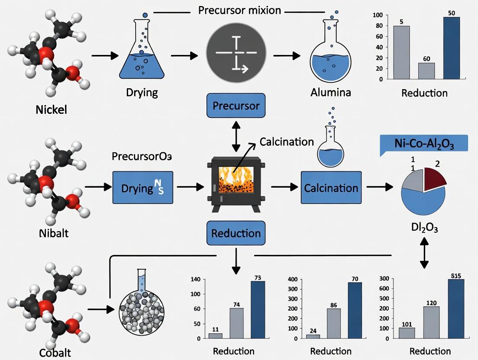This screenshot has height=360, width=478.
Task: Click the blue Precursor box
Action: [236, 106]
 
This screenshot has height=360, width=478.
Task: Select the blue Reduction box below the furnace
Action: [236, 234]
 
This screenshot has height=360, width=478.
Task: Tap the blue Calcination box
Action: [331, 188]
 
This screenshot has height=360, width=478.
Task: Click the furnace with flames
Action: [236, 184]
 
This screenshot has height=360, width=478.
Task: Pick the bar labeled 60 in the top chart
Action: [426, 71]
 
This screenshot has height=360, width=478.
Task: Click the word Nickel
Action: [52, 109]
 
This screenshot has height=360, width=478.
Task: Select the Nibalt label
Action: [53, 234]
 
